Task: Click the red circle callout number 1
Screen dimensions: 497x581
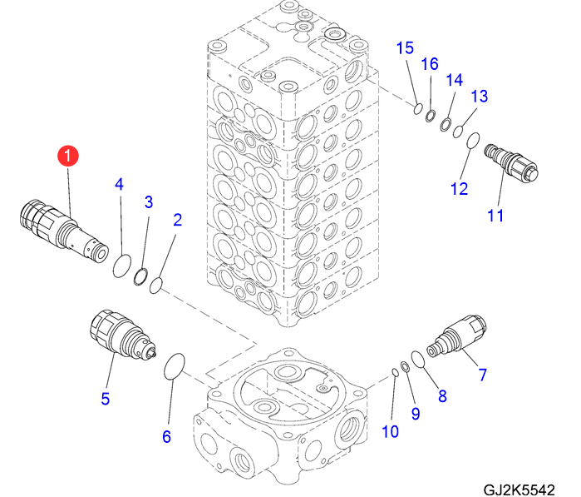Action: coord(66,156)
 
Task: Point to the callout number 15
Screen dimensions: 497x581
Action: coord(405,47)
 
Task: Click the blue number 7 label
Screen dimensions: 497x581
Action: coord(482,375)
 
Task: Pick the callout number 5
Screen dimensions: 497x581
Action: coord(106,398)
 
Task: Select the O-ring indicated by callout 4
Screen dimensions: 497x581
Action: coord(121,266)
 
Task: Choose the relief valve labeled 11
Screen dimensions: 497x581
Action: coord(512,161)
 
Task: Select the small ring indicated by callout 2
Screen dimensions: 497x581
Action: coord(155,287)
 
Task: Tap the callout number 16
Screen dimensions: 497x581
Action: coord(429,64)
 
